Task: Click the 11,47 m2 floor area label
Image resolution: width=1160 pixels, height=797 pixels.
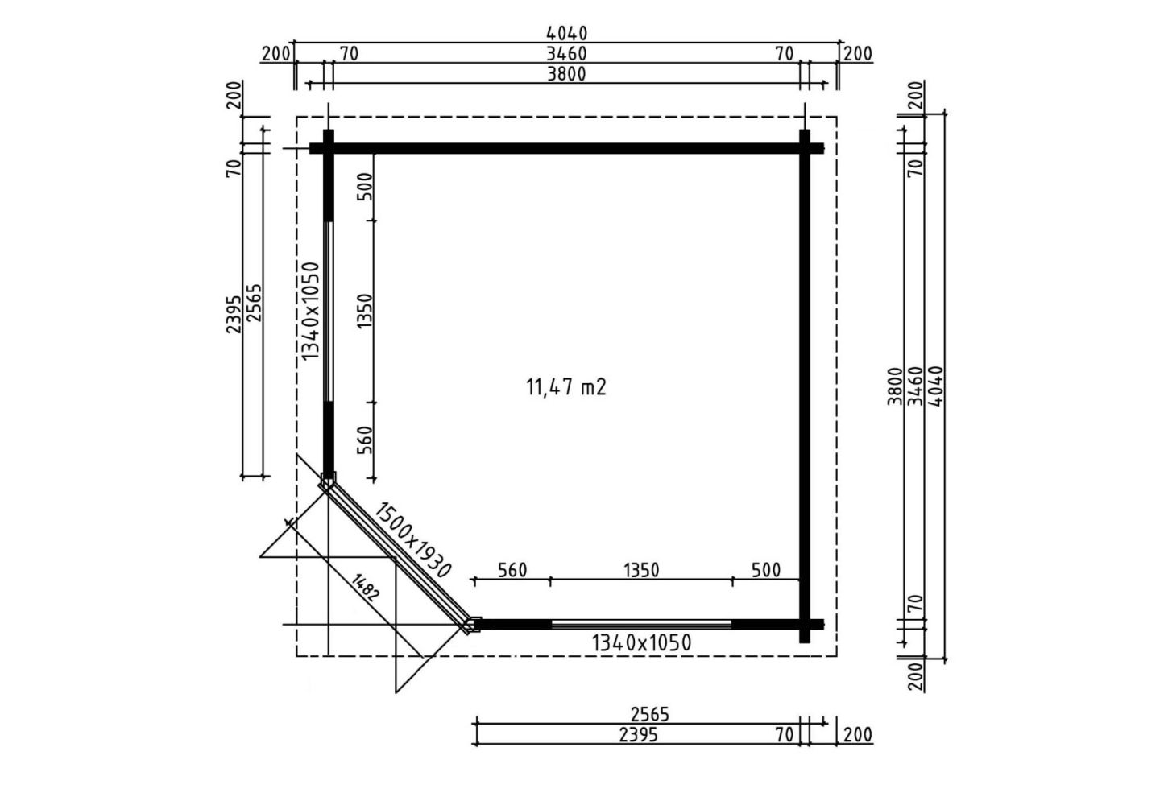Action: click(x=566, y=387)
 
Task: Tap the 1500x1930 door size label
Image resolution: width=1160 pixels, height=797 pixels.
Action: click(x=412, y=539)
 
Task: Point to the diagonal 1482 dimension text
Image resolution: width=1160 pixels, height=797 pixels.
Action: click(x=366, y=588)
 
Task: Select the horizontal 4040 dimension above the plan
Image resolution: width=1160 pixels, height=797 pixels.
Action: click(x=567, y=34)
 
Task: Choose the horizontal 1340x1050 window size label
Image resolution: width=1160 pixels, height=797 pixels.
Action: click(x=641, y=642)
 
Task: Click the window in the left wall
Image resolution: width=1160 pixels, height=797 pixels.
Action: click(x=328, y=312)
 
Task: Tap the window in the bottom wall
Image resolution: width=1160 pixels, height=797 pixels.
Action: click(x=641, y=624)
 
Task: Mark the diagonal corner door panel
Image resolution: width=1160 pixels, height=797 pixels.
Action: click(x=399, y=556)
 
